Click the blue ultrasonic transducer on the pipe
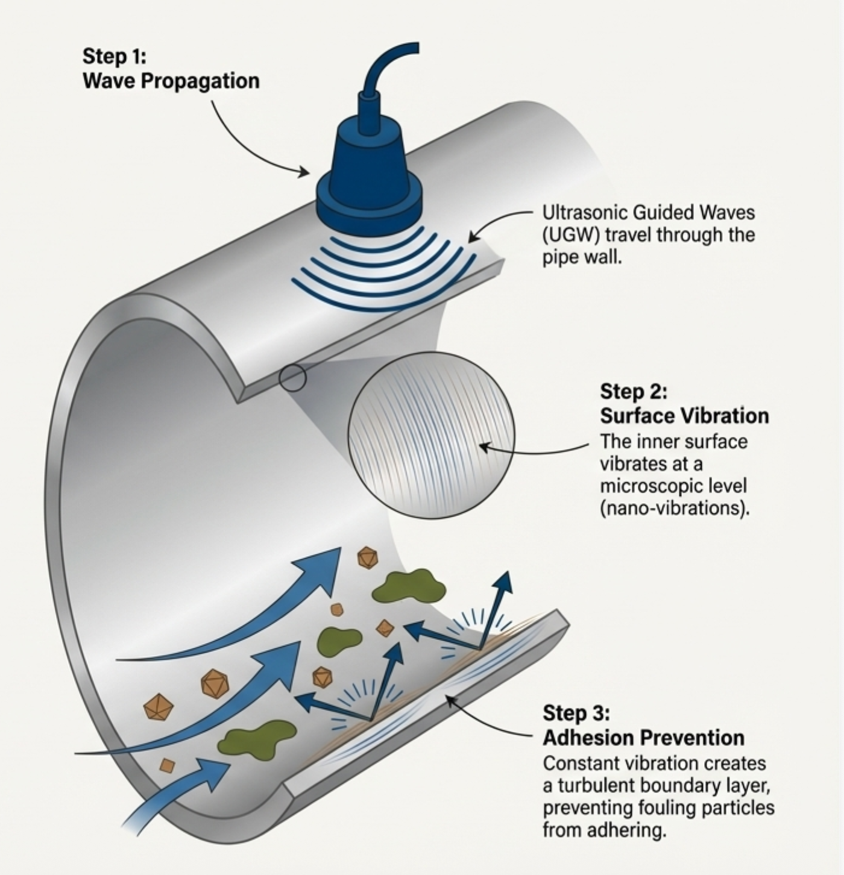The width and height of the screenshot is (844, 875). point(369,169)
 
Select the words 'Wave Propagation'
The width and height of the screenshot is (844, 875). point(171,81)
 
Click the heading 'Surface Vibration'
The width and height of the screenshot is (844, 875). point(684,416)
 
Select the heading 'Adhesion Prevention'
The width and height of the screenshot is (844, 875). point(643,738)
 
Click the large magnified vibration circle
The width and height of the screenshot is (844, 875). point(432,435)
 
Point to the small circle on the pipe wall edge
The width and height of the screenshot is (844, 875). point(293,378)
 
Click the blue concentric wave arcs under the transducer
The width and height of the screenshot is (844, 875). point(386,271)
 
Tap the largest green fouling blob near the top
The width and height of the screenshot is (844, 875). point(408,586)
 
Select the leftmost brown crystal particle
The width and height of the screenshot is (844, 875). point(158,707)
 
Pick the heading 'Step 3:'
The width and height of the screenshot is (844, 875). point(576,713)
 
